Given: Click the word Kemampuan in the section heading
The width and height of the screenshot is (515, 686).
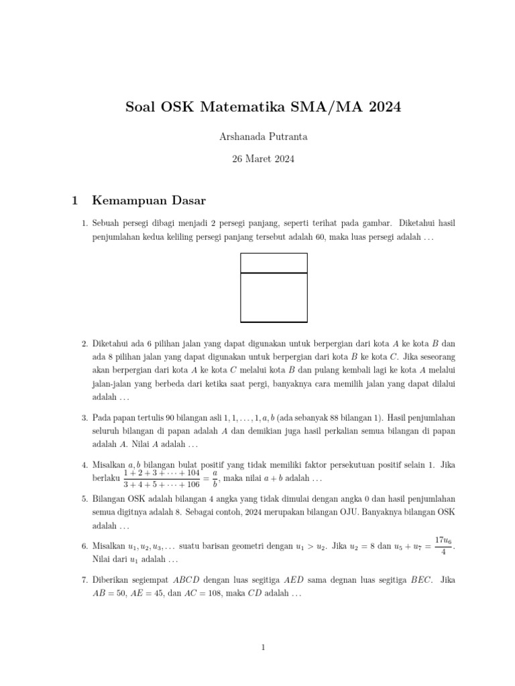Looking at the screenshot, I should pos(125,200).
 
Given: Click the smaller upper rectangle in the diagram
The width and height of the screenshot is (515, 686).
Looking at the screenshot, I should pos(274,263).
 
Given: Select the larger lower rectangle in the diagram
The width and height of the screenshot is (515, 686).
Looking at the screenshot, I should pos(274,297).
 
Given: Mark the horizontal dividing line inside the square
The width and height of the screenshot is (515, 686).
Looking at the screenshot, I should pos(274,273).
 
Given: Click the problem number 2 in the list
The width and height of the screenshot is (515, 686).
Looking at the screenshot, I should pos(84,344).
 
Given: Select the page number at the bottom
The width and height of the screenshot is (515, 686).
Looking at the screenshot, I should pos(264,647).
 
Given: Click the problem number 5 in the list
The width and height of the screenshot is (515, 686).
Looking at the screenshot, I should pos(84,499).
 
